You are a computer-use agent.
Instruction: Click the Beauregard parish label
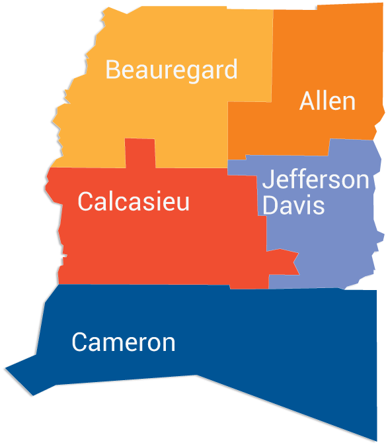point(171,70)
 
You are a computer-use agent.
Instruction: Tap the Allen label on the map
point(327,101)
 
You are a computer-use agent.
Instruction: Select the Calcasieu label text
point(134,201)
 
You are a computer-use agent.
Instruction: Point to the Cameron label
point(124,342)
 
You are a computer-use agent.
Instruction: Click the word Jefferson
point(315,179)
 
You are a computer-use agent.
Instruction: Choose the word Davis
point(293,205)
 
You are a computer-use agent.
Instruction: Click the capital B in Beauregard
point(113,70)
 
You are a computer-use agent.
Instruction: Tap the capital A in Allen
point(307,101)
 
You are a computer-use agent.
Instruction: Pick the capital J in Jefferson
point(268,179)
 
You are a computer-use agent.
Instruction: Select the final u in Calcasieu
point(182,203)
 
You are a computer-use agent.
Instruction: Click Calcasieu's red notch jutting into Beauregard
point(139,153)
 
